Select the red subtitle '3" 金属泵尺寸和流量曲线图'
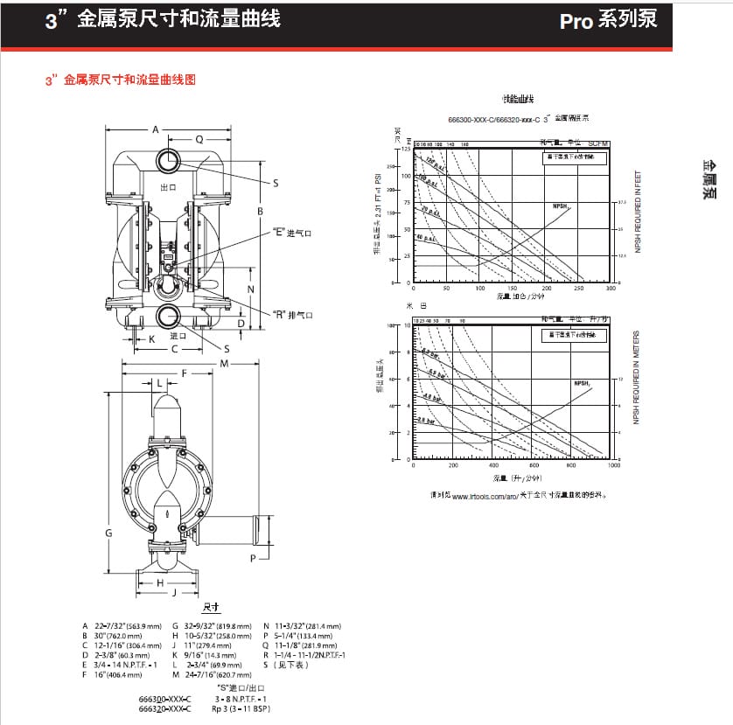[120, 80]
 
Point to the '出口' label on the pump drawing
[169, 187]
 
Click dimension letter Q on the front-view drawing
[199, 139]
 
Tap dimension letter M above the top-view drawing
[224, 362]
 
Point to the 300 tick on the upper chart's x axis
[611, 288]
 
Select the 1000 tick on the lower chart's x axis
[613, 465]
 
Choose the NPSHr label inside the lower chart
[583, 383]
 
